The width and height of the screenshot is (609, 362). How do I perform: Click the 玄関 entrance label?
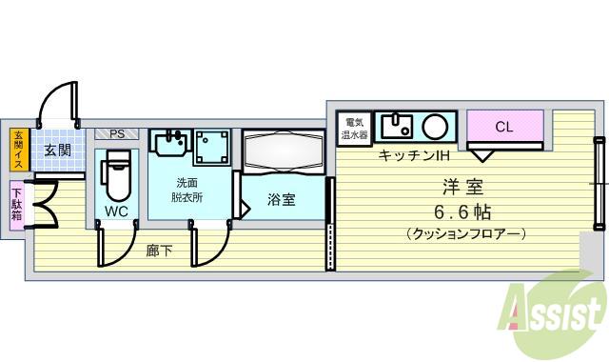point(57,150)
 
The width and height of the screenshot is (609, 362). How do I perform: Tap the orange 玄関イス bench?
point(18,150)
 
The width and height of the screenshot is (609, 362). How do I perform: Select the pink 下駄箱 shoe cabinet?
point(18,202)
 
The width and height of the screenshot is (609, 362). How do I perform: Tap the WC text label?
point(116,211)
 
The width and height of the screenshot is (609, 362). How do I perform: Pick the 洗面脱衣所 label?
point(187,191)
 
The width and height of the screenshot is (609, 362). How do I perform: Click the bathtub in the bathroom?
point(284,151)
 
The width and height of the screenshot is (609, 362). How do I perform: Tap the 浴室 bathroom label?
point(281,200)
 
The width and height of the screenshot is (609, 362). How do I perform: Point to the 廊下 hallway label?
point(159,251)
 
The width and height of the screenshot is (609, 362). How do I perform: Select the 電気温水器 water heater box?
point(355,127)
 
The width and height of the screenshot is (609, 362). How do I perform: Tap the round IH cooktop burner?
point(436,126)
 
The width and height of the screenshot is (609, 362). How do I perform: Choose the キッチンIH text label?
point(414,155)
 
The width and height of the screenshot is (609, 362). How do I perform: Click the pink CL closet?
point(504,127)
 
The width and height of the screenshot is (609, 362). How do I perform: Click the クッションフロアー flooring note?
point(465,233)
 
